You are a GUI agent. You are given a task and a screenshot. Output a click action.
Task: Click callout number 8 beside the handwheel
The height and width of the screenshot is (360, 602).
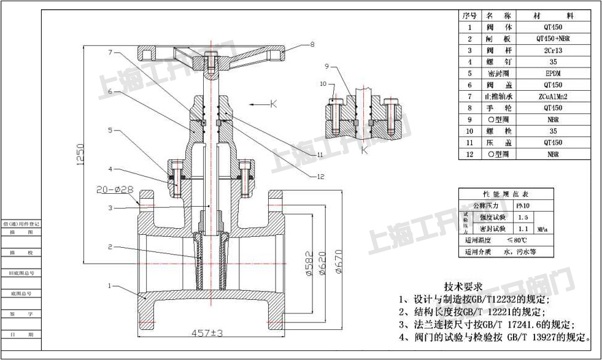tap(312, 44)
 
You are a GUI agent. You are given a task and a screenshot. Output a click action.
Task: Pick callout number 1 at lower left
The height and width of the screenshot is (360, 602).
tap(110, 286)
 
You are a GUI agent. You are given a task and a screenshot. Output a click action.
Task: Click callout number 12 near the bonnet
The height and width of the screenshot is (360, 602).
tap(320, 177)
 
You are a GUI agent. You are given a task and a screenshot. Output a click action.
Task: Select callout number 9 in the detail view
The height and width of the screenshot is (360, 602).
tap(327, 66)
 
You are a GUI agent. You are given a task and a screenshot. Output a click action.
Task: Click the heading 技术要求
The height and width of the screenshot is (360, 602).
tap(463, 286)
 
